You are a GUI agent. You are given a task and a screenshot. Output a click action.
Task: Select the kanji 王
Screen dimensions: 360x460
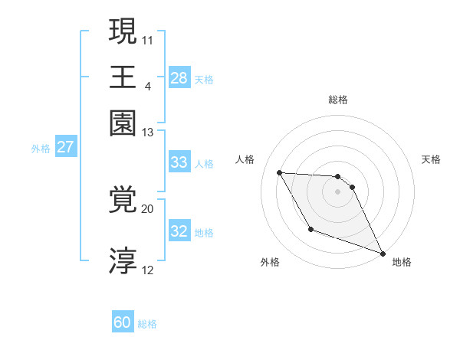coord(123,77)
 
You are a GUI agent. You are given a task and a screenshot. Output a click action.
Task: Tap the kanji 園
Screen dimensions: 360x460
coord(123,123)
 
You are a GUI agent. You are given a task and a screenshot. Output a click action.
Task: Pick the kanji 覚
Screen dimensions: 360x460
coord(123,201)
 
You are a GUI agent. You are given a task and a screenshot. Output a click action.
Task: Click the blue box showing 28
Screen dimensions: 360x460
coord(179,77)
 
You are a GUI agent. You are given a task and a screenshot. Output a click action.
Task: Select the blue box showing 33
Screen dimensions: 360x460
coord(179,162)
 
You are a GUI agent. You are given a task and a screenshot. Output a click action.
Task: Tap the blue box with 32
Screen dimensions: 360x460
coord(179,231)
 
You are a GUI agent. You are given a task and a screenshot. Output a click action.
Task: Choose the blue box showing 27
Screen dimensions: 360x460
coord(65,147)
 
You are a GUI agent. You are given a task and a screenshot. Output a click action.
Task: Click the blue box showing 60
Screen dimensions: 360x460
coord(123,322)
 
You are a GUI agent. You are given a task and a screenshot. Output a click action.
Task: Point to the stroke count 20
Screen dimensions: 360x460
coord(148,208)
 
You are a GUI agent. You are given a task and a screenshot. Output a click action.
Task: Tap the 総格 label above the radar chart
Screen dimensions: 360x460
coord(338,100)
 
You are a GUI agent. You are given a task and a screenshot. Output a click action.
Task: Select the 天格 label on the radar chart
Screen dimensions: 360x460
coord(431,159)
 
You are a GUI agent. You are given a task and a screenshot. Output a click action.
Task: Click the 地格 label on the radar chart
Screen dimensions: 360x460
coord(402,262)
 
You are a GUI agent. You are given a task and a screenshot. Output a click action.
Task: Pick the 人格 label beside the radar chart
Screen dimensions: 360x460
coord(245,159)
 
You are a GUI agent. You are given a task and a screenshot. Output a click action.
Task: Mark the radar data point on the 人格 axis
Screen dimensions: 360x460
coord(279,172)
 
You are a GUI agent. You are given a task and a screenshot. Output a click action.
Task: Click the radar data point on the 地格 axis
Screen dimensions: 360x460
coord(383,254)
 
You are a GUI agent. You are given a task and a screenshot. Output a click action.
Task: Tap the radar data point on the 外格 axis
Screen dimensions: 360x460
coord(310,229)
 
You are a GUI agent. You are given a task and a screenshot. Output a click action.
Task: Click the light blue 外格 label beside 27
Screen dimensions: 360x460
coord(40,148)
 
